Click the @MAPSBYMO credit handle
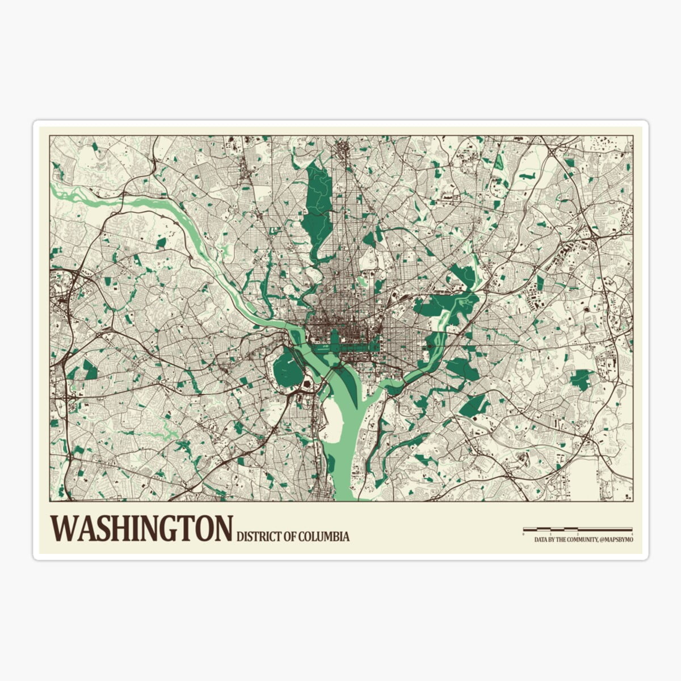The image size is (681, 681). [616, 541]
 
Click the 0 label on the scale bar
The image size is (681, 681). [524, 535]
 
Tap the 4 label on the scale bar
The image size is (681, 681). [632, 535]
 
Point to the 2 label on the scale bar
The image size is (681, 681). [578, 535]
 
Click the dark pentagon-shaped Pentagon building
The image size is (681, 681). [308, 385]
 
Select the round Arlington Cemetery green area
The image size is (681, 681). [288, 369]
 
